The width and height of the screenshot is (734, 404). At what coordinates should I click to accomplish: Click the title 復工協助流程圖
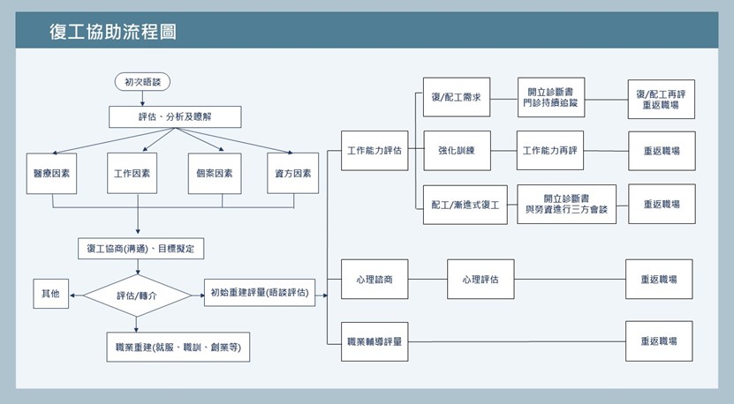[x=113, y=33]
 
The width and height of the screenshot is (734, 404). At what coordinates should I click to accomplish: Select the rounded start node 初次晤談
[x=141, y=82]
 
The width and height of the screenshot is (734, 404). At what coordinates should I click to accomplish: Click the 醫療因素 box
[x=51, y=174]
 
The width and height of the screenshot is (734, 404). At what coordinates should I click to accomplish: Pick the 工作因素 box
[x=132, y=174]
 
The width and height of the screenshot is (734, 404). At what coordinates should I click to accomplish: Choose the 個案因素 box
[x=214, y=174]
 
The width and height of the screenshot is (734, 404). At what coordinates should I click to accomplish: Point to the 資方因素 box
[x=293, y=174]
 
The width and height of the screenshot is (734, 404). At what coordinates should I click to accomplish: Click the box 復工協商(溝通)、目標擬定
[x=141, y=249]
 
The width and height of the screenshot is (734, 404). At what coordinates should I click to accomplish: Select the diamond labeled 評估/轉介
[x=137, y=296]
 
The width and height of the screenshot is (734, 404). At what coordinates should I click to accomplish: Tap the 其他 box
[x=50, y=294]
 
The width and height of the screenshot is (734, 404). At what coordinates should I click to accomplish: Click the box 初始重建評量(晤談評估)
[x=260, y=294]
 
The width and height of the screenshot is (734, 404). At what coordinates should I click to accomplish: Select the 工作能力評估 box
[x=375, y=151]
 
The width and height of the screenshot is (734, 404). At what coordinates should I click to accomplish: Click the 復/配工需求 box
[x=456, y=98]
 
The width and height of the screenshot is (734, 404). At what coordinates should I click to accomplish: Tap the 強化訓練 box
[x=456, y=151]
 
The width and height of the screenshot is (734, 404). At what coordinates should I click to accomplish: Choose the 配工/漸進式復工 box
[x=465, y=204]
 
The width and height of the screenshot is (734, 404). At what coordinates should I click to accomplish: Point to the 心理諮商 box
[x=375, y=280]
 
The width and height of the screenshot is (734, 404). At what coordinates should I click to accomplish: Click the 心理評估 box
[x=480, y=280]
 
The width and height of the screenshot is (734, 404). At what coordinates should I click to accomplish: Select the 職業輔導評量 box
[x=375, y=341]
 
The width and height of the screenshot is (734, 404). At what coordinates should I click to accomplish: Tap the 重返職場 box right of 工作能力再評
[x=661, y=151]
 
